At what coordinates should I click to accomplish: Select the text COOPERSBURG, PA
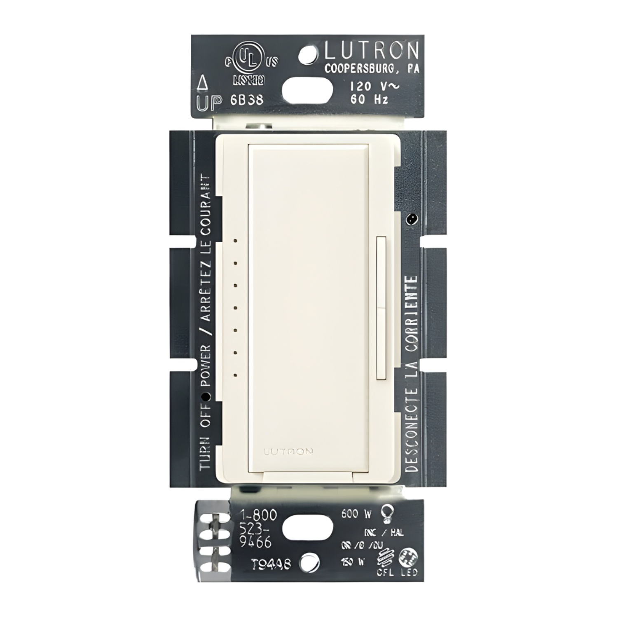[x=372, y=69]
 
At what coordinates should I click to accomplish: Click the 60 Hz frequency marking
[x=369, y=99]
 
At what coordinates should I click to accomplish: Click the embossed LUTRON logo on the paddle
[x=288, y=451]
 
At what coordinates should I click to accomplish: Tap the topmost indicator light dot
[x=235, y=240]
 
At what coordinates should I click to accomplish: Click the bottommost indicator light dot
[x=235, y=375]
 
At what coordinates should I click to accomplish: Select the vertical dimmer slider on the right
[x=382, y=307]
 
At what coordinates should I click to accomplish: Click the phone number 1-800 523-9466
[x=258, y=528]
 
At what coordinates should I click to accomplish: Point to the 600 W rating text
[x=356, y=514]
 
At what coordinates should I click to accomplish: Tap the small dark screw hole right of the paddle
[x=410, y=219]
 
